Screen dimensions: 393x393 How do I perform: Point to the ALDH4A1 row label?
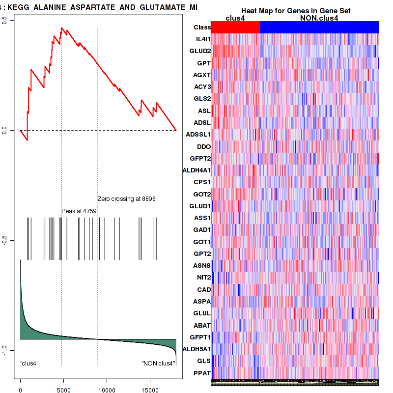[x=196, y=170]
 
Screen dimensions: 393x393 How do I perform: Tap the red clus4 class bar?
[x=235, y=28]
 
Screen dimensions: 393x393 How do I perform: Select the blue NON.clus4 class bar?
[x=319, y=28]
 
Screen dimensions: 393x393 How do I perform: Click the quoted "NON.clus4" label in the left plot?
[x=158, y=364]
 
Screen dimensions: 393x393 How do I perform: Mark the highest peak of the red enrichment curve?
[x=62, y=28]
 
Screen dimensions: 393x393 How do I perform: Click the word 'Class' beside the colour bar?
[x=202, y=28]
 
